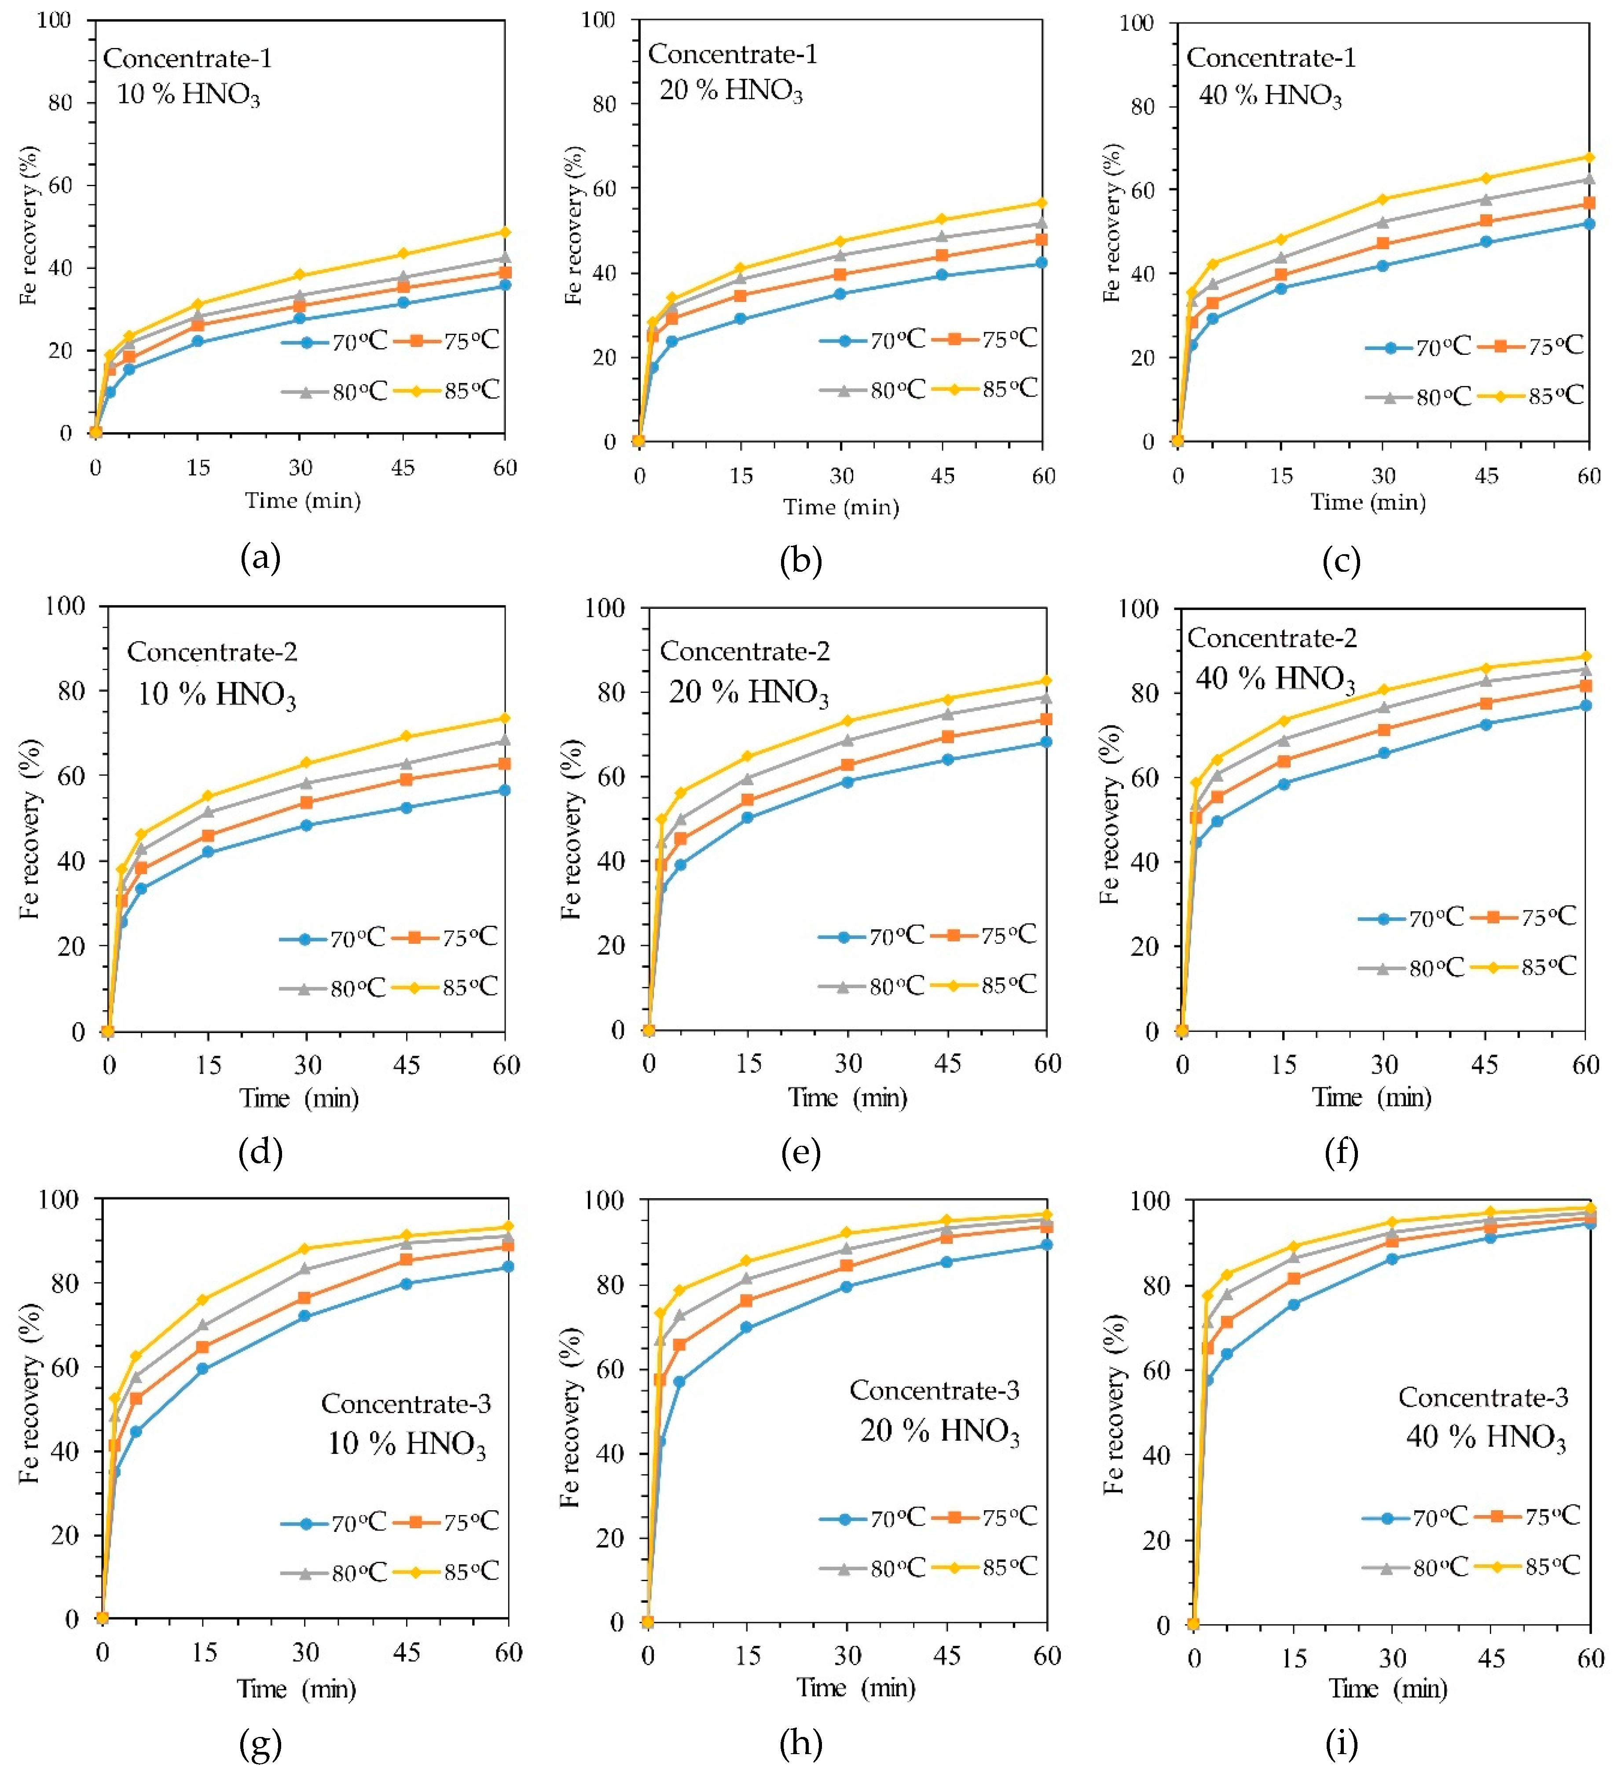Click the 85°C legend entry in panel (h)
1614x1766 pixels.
[x=986, y=1567]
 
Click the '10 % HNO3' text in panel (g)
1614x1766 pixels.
[x=406, y=1444]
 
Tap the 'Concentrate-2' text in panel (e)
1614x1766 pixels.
[x=745, y=651]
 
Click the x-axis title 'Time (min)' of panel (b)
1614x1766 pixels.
[x=841, y=507]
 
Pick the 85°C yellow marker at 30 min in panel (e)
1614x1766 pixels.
[x=848, y=721]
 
